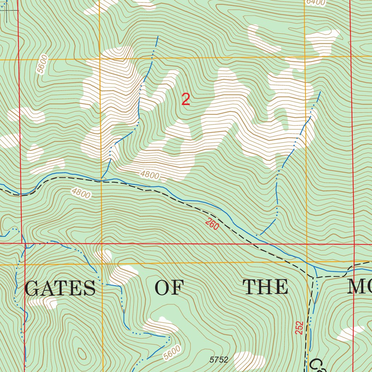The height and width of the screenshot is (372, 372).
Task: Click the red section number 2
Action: click(186, 100)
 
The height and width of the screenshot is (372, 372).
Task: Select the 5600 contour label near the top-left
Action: click(43, 64)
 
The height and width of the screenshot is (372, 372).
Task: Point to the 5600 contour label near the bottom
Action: click(172, 352)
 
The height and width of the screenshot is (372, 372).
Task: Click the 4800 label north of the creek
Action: click(150, 175)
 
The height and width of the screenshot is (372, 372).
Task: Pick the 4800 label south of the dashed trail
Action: click(81, 193)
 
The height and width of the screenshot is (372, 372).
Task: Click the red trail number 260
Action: click(212, 224)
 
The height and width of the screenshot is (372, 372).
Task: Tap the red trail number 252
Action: click(299, 328)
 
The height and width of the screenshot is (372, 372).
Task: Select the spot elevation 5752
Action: click(219, 360)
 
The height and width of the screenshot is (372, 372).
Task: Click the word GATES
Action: click(60, 288)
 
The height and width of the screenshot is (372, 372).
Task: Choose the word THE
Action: click(266, 287)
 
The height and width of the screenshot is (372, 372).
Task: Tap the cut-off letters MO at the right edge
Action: click(359, 287)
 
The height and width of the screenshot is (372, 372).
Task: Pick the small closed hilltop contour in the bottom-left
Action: click(81, 353)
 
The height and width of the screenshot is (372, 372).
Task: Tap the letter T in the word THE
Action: click(250, 287)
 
